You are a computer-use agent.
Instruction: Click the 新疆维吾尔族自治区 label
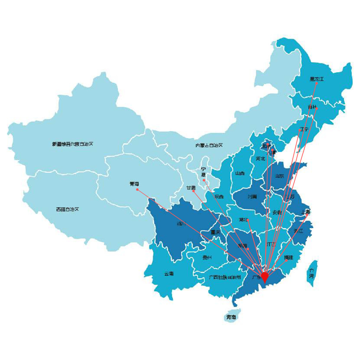pyautogui.click(x=73, y=144)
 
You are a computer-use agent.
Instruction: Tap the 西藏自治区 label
pyautogui.click(x=67, y=209)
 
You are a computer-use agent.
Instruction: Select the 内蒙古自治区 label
pyautogui.click(x=209, y=145)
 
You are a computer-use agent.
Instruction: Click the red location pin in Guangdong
pyautogui.click(x=265, y=277)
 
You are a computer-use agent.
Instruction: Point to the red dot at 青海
pyautogui.click(x=137, y=189)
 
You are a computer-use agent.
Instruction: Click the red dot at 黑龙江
pyautogui.click(x=316, y=83)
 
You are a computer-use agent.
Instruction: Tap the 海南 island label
pyautogui.click(x=231, y=317)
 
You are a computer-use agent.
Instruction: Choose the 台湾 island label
pyautogui.click(x=311, y=274)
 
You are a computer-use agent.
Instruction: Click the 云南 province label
pyautogui.click(x=169, y=274)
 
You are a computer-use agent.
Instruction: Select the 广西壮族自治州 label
pyautogui.click(x=225, y=278)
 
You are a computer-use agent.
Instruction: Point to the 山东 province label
pyautogui.click(x=279, y=176)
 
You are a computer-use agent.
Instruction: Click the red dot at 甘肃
pyautogui.click(x=194, y=191)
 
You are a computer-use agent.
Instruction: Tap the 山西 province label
pyautogui.click(x=240, y=174)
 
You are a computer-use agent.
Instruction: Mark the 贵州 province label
pyautogui.click(x=207, y=257)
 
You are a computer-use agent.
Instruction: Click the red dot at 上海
pyautogui.click(x=306, y=216)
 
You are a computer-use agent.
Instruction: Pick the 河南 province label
pyautogui.click(x=252, y=197)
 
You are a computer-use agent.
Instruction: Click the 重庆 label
pyautogui.click(x=215, y=232)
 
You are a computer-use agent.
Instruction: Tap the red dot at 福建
pyautogui.click(x=287, y=260)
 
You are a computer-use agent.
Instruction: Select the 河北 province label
pyautogui.click(x=260, y=158)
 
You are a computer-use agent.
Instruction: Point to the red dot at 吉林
pyautogui.click(x=316, y=108)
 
